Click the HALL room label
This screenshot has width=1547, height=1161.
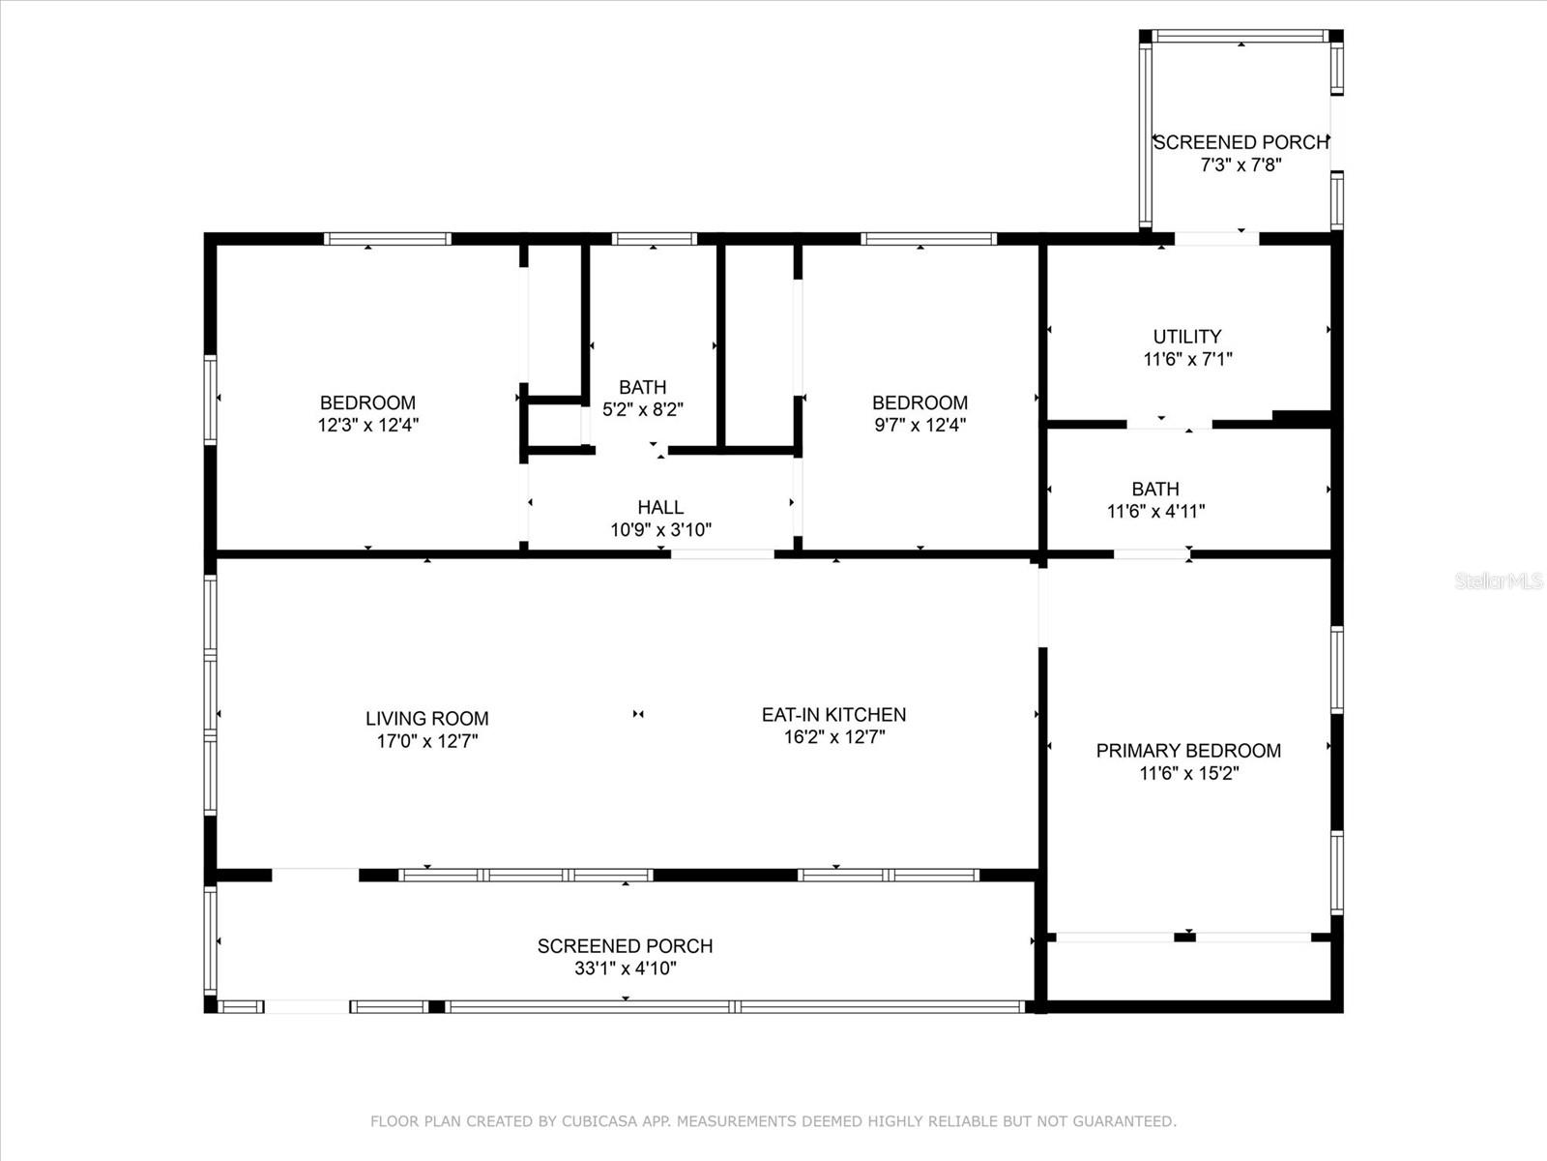point(660,508)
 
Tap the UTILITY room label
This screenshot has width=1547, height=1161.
point(1187,337)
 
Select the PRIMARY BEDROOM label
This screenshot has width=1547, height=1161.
point(1189,751)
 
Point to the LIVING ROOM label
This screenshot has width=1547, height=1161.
point(427,718)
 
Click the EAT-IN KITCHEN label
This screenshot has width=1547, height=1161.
point(834,715)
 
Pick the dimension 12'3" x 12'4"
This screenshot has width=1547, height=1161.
point(368,425)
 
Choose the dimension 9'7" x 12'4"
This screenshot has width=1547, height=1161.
point(919,425)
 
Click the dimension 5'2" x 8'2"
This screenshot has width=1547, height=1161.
point(643,409)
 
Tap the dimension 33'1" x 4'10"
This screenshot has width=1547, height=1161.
point(626,968)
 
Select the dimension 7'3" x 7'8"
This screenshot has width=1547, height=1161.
point(1241,164)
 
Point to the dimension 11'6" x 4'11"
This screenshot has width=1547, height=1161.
point(1155,512)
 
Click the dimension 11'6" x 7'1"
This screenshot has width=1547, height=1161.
point(1187,360)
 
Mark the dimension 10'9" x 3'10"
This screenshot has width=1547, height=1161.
point(660,530)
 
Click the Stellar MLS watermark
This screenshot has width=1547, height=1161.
point(1499,581)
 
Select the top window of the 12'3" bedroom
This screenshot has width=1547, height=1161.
point(387,239)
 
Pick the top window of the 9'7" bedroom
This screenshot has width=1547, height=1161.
point(928,239)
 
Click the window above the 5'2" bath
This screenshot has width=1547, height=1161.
point(654,239)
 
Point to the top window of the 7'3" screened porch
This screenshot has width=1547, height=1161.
point(1241,36)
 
